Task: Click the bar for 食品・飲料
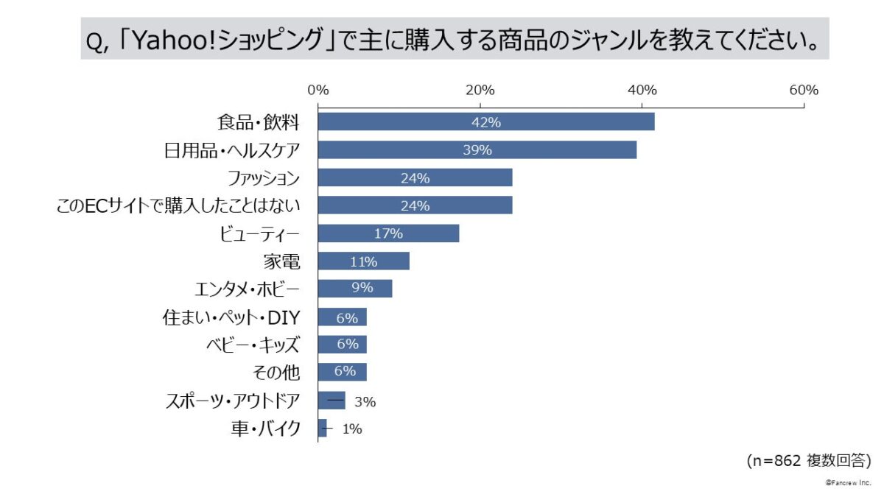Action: (486, 121)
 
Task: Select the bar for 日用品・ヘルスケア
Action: (477, 149)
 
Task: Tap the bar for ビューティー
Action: (388, 233)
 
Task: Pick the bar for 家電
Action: (363, 261)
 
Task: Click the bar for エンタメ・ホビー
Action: (354, 289)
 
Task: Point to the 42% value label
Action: (486, 122)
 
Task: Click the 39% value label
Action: (477, 150)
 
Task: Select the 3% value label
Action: (365, 402)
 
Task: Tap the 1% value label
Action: (352, 429)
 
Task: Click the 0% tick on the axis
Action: (318, 91)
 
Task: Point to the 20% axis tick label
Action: (480, 91)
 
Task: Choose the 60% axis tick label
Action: (804, 91)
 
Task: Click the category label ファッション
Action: (263, 178)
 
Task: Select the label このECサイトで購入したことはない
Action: (178, 206)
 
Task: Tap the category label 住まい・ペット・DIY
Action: (231, 317)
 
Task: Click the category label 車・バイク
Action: (265, 429)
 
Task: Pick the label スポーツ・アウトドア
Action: (233, 401)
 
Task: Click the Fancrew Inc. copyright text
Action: (848, 482)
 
